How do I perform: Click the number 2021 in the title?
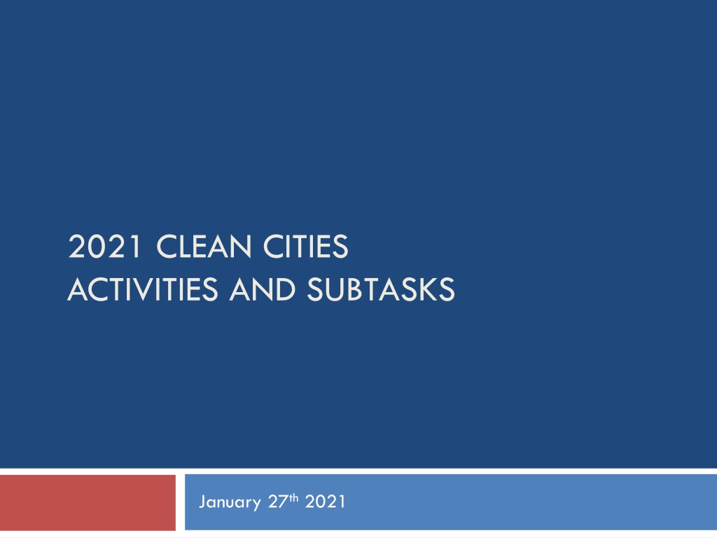click(105, 247)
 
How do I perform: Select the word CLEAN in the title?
click(204, 247)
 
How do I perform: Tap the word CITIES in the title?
click(305, 247)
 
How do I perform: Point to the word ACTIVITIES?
click(143, 289)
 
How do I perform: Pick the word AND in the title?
click(263, 289)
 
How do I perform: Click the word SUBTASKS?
click(380, 289)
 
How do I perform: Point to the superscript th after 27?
click(293, 498)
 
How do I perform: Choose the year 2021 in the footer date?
click(325, 502)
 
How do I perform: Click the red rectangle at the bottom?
click(88, 502)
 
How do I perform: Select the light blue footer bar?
click(451, 502)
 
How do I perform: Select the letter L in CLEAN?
click(185, 247)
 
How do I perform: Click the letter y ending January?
click(256, 505)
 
